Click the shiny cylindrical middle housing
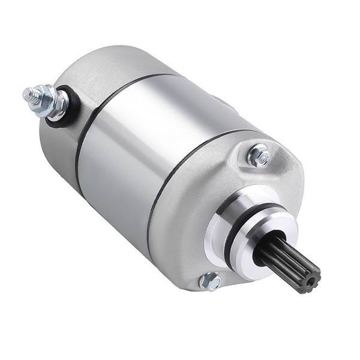tap(150, 150)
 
